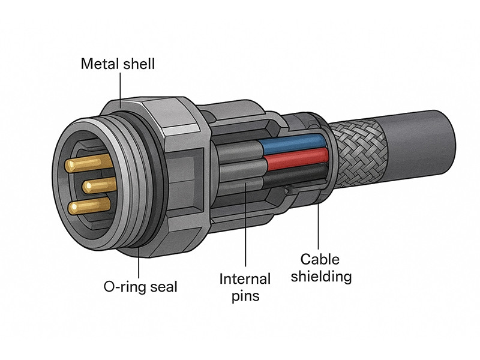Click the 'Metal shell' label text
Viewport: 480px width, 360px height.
coord(118,63)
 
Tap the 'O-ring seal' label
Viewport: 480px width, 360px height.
coord(140,287)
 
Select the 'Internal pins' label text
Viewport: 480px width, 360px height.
coord(245,287)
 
